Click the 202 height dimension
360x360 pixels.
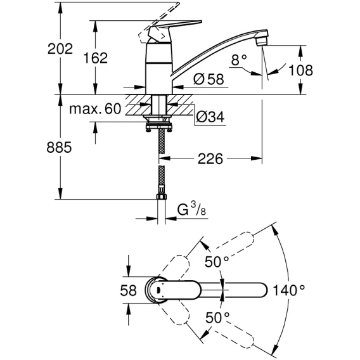pos(60,49)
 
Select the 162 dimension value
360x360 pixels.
pos(95,58)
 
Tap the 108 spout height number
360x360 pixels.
pos(300,70)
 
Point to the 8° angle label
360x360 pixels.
pos(239,60)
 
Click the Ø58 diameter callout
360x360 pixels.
pos(209,79)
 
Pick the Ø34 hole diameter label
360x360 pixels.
pos(210,117)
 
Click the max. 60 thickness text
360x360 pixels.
pos(95,109)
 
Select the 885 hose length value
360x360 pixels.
pos(59,148)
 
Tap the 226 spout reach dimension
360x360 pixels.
pos(210,158)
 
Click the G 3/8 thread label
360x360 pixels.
pos(191,209)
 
